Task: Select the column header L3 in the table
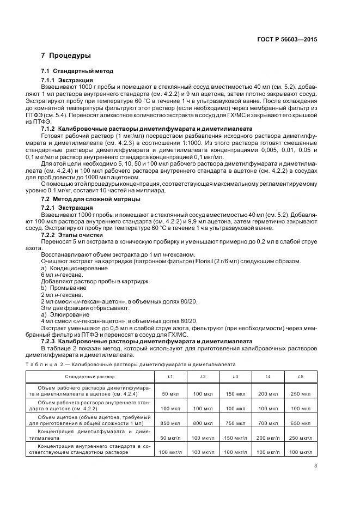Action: tap(235, 377)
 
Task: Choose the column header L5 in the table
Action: tap(300, 377)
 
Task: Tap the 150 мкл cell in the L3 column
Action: tap(235, 393)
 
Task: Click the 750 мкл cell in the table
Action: tap(235, 422)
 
